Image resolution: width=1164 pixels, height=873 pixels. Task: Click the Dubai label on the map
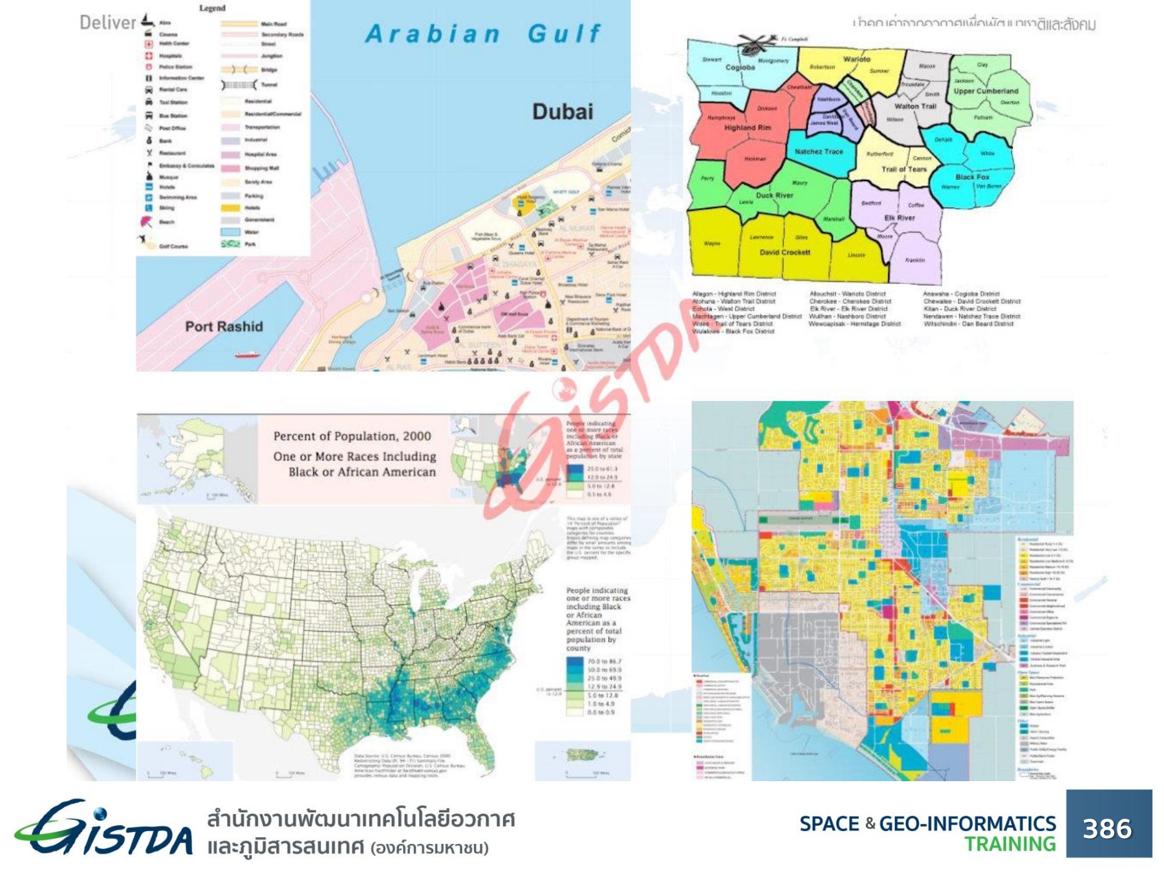pyautogui.click(x=562, y=112)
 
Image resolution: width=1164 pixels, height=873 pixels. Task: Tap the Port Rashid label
pyautogui.click(x=224, y=327)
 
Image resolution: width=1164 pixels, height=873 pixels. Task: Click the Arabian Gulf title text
pyautogui.click(x=482, y=34)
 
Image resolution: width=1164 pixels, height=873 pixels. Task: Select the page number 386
pyautogui.click(x=1108, y=828)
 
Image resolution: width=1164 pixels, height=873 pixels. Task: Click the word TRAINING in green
pyautogui.click(x=1009, y=844)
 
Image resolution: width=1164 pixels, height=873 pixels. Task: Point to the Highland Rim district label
pyautogui.click(x=748, y=127)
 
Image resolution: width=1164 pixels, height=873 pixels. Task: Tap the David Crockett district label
pyautogui.click(x=784, y=252)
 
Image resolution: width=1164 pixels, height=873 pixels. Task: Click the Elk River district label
pyautogui.click(x=899, y=218)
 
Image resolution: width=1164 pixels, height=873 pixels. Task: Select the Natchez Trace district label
pyautogui.click(x=819, y=151)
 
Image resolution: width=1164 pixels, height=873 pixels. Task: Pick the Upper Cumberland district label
pyautogui.click(x=986, y=91)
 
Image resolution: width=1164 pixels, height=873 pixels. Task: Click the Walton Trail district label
pyautogui.click(x=915, y=106)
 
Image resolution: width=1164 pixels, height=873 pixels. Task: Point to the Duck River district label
pyautogui.click(x=774, y=195)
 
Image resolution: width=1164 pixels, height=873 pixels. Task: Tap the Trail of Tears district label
pyautogui.click(x=903, y=169)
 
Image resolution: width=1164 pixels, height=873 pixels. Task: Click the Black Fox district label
pyautogui.click(x=972, y=177)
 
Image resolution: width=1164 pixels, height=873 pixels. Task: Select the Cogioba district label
pyautogui.click(x=740, y=67)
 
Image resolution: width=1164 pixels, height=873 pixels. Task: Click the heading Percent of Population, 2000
pyautogui.click(x=352, y=436)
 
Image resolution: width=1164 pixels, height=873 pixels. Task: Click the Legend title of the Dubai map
pyautogui.click(x=212, y=8)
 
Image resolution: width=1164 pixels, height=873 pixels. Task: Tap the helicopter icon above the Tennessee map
pyautogui.click(x=755, y=44)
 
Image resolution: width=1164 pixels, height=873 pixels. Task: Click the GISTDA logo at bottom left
pyautogui.click(x=103, y=829)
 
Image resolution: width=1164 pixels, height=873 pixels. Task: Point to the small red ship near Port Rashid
pyautogui.click(x=246, y=354)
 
